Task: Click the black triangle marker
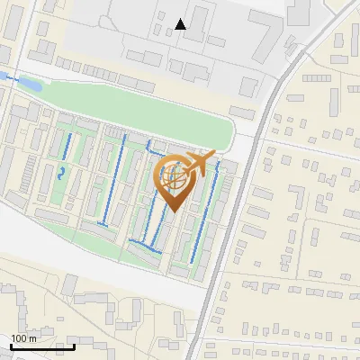181,24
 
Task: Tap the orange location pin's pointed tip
174,212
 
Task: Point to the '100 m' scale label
24,338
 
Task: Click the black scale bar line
42,346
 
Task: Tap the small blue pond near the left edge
28,84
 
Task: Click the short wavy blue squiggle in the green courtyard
62,172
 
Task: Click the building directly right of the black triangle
203,20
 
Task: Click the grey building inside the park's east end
242,112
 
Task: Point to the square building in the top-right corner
299,11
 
